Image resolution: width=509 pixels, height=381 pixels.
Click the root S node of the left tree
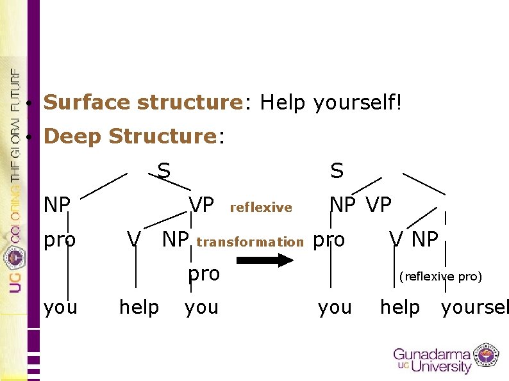(164, 170)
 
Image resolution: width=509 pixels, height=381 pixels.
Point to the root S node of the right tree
(337, 170)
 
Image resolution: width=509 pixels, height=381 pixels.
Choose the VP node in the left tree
(201, 205)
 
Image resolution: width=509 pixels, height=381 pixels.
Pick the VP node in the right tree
(378, 205)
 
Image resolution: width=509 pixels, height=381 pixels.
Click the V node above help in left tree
(133, 239)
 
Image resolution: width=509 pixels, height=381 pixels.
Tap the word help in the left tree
(139, 307)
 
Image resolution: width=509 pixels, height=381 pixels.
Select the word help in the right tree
(399, 307)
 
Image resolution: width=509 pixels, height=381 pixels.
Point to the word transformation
(249, 242)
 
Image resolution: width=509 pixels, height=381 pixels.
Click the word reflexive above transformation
(260, 207)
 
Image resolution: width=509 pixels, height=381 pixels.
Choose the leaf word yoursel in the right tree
(474, 307)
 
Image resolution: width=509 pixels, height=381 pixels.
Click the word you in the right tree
(335, 307)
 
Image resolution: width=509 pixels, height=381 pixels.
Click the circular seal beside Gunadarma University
(487, 356)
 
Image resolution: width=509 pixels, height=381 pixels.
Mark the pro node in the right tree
(328, 239)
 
